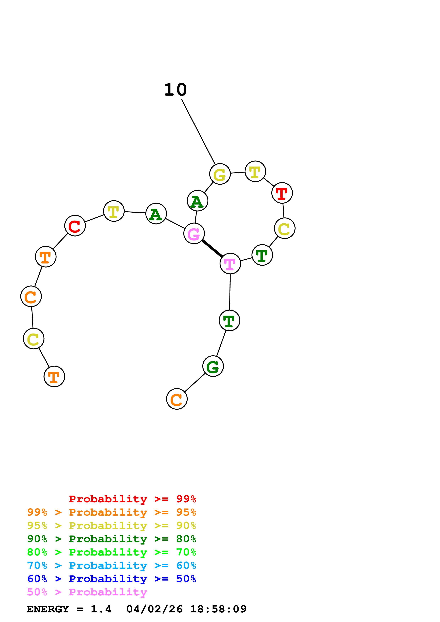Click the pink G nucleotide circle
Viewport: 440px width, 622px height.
point(194,234)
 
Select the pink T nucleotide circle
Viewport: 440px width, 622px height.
point(230,264)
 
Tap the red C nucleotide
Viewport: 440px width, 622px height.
point(75,226)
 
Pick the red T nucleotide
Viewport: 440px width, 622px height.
point(282,193)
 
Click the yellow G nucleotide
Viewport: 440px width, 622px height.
point(220,174)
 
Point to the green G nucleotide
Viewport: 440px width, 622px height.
point(213,366)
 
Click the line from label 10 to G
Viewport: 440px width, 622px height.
point(198,132)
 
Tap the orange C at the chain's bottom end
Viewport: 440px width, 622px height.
point(177,399)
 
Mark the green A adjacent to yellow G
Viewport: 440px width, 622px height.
point(198,201)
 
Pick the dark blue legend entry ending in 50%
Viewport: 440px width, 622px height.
point(111,579)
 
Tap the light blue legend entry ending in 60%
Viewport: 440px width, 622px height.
point(111,565)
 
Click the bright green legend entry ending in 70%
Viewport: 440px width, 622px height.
point(111,552)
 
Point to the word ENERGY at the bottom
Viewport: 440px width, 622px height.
point(48,609)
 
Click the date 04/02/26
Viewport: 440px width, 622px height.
point(155,609)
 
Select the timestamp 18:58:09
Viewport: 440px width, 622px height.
point(218,609)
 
